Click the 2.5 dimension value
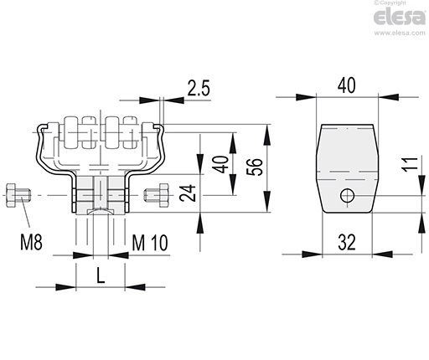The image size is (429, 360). click(x=199, y=88)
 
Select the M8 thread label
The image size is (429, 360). click(x=31, y=242)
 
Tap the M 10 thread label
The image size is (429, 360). click(x=150, y=243)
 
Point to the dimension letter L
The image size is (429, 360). click(x=101, y=275)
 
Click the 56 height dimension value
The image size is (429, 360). click(x=255, y=167)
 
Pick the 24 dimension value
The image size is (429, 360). click(x=188, y=193)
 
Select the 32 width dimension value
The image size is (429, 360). click(x=347, y=242)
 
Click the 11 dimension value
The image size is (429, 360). click(x=410, y=163)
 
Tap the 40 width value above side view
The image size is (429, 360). click(x=347, y=85)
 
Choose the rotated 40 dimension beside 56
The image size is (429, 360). click(x=220, y=164)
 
